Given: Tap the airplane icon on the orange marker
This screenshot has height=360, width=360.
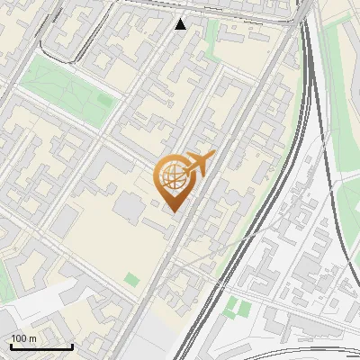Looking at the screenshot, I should click(198, 164).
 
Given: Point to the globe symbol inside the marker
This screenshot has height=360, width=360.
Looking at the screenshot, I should click(172, 177).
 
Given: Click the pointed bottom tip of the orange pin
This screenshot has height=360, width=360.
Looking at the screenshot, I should click(174, 211).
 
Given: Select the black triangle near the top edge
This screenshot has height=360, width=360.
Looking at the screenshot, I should click(181, 23).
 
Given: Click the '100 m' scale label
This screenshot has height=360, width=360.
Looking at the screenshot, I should click(24, 338).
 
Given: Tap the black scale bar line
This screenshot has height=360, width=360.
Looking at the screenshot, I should click(41, 347).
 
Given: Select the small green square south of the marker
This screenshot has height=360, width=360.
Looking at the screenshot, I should click(132, 280).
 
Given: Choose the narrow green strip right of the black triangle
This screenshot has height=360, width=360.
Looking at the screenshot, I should click(212, 36).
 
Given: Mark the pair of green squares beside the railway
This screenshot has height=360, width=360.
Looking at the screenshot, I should click(238, 308).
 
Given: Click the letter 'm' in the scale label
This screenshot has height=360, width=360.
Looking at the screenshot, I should click(32, 338).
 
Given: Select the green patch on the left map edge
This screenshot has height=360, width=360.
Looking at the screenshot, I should click(4, 279).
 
